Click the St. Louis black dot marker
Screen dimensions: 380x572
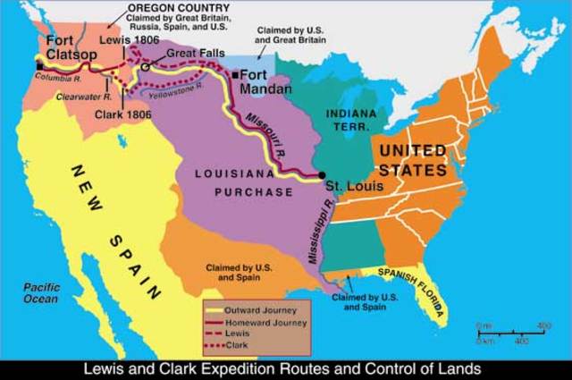322,174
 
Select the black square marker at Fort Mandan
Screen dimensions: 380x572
235,76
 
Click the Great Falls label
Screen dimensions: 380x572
188,53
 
